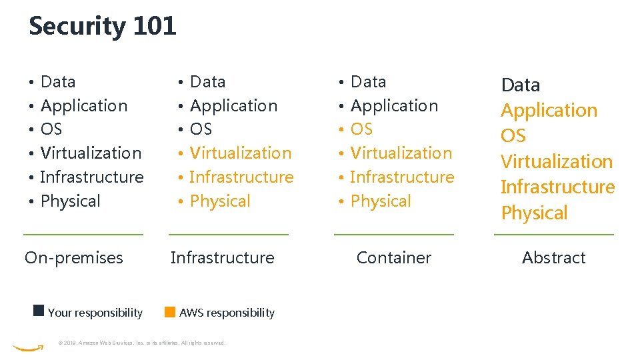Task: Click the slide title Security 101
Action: click(x=102, y=27)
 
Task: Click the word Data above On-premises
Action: click(x=58, y=82)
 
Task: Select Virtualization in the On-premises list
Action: click(x=91, y=153)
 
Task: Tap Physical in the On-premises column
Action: click(x=70, y=201)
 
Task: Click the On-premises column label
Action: click(x=73, y=258)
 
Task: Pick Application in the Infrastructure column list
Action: click(x=233, y=106)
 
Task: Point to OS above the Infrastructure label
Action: click(x=201, y=129)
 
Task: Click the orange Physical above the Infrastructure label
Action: click(x=220, y=201)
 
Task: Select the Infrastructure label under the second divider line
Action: click(x=222, y=258)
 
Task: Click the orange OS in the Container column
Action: click(x=361, y=129)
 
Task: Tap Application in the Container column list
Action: click(x=394, y=106)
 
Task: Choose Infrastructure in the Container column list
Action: click(x=401, y=177)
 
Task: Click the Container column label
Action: click(x=393, y=258)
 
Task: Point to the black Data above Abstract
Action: click(x=520, y=85)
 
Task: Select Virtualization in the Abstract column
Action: click(x=556, y=161)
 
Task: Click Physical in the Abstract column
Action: click(x=534, y=213)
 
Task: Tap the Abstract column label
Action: click(x=553, y=258)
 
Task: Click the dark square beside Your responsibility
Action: click(x=39, y=311)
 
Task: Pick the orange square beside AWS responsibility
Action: click(x=170, y=311)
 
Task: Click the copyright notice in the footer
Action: click(x=141, y=343)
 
